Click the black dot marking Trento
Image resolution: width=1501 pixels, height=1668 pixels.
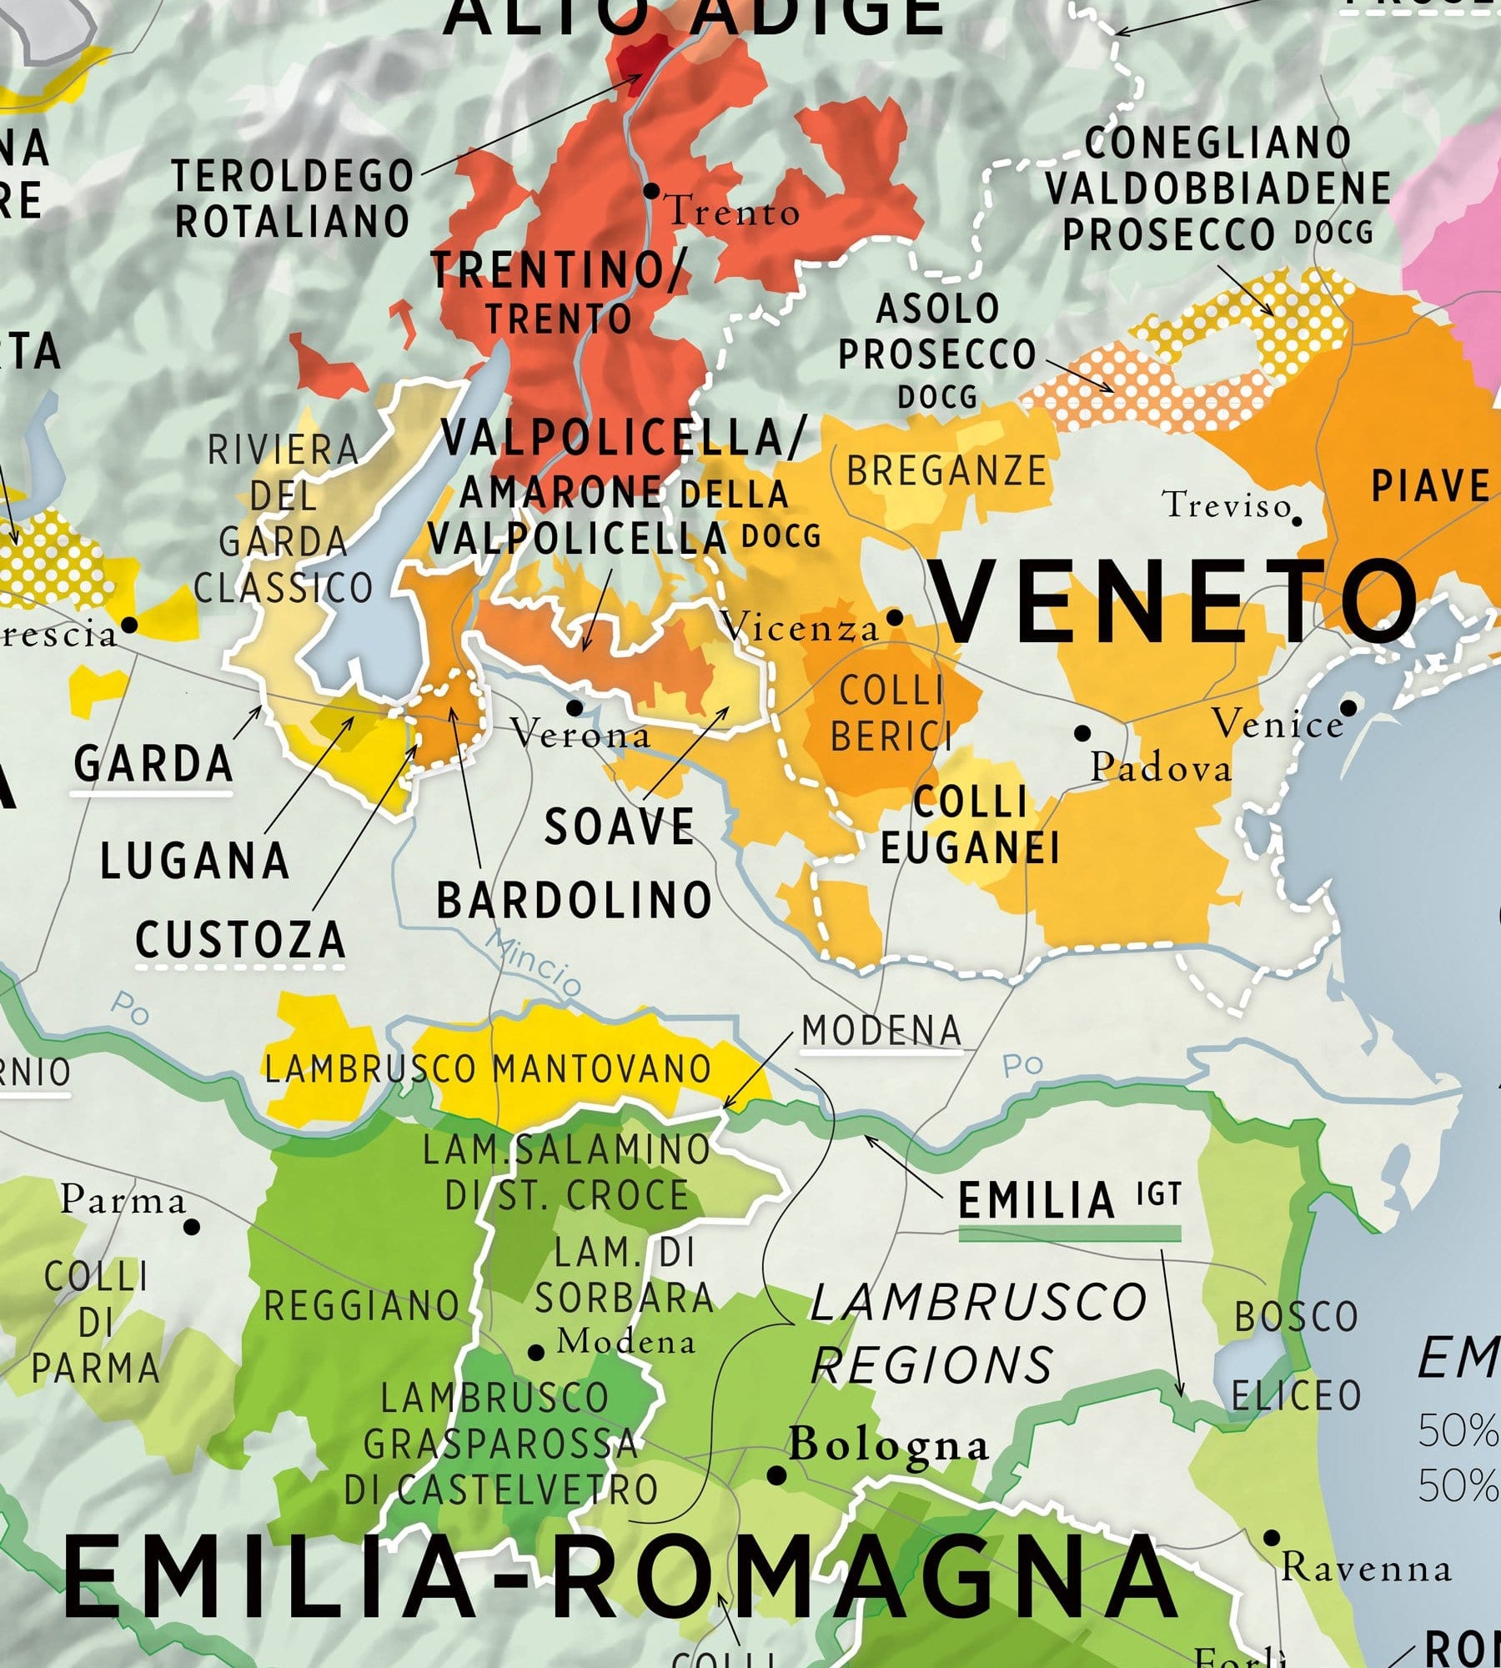point(651,191)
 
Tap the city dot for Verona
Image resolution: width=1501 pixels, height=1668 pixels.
point(575,708)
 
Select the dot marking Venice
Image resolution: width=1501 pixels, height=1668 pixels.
point(1348,708)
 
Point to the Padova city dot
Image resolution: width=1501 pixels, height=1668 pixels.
point(1082,733)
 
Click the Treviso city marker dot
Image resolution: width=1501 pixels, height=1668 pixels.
point(1297,520)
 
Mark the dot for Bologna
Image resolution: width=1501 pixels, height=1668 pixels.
point(776,1475)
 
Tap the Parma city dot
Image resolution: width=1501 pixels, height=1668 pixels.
point(192,1227)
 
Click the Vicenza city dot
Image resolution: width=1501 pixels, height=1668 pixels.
point(895,618)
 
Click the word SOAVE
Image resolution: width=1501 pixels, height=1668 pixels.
point(619,827)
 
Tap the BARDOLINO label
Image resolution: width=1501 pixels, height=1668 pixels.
point(574,902)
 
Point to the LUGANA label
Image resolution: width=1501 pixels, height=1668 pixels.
point(194,861)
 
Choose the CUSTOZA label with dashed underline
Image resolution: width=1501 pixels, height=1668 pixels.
point(240,941)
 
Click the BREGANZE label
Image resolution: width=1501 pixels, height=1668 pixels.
point(946,472)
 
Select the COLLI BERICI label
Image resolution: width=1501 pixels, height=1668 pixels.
point(891,714)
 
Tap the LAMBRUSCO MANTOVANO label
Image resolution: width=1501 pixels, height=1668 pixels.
point(488,1069)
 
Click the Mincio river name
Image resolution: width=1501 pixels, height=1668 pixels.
point(535,963)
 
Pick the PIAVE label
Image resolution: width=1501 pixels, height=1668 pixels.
point(1430,486)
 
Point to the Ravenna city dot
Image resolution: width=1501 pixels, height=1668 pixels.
point(1272,1538)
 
